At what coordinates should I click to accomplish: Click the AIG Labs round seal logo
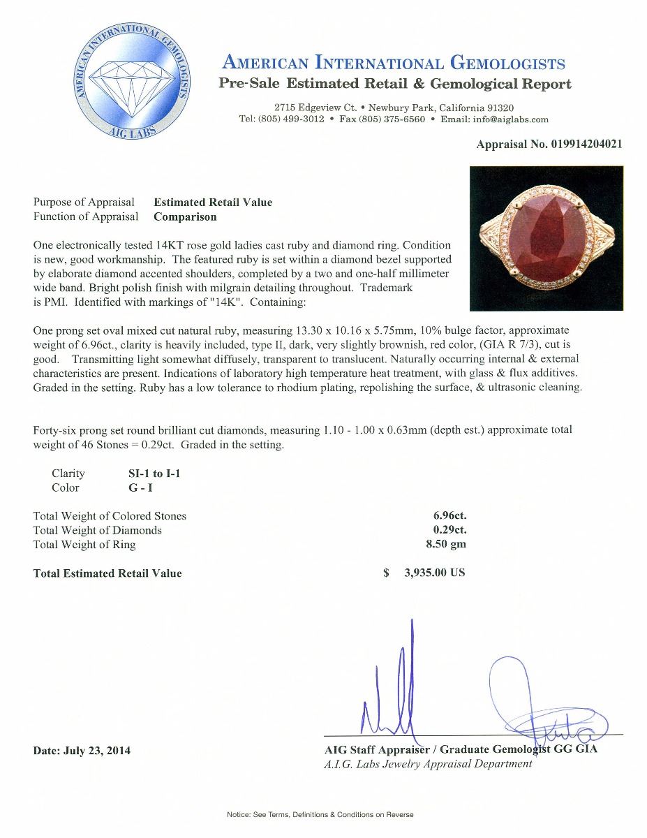[131, 82]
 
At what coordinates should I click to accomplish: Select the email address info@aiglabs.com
[509, 119]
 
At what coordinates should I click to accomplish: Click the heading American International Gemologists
[392, 64]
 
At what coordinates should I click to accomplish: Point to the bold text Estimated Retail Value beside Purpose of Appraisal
[213, 203]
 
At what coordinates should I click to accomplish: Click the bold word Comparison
[185, 216]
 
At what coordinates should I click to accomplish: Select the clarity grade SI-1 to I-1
[150, 473]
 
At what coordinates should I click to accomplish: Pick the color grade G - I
[134, 487]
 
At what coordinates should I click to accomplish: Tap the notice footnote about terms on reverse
[320, 815]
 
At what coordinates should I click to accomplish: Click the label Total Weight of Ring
[84, 545]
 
